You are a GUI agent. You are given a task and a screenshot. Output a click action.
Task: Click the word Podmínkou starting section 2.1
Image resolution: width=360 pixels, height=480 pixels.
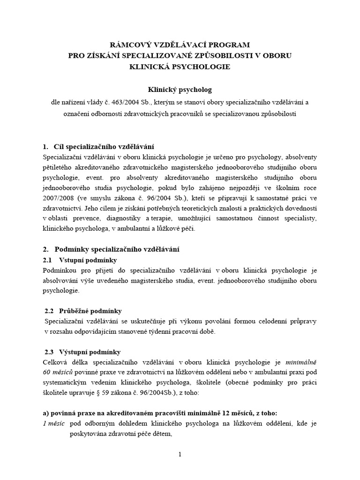click(x=60, y=271)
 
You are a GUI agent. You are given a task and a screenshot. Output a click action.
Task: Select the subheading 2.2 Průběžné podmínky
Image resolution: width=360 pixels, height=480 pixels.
click(x=83, y=311)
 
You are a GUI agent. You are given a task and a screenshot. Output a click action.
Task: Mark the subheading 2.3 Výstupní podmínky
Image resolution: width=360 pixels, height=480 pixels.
click(x=83, y=352)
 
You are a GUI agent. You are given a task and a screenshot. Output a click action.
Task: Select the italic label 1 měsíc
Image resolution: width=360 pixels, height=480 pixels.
click(x=54, y=425)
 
